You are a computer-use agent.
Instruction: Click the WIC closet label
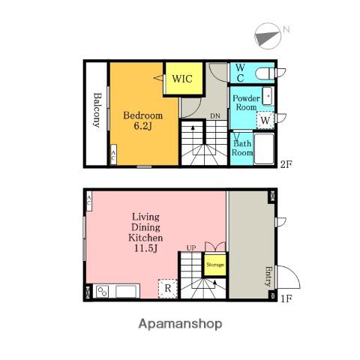(182, 79)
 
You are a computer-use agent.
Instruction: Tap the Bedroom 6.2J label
(143, 121)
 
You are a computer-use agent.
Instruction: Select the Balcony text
(97, 110)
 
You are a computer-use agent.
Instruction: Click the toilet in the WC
(265, 73)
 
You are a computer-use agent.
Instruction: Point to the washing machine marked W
(265, 120)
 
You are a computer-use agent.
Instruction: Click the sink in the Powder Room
(268, 96)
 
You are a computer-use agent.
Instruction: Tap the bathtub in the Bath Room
(264, 149)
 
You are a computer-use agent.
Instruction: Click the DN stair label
(215, 116)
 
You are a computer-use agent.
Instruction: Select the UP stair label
(191, 248)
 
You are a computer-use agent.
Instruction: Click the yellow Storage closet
(215, 265)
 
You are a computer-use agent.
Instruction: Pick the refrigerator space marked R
(168, 289)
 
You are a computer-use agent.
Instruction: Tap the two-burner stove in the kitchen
(103, 292)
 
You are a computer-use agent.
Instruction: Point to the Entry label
(268, 276)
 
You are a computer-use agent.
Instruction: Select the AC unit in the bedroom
(113, 154)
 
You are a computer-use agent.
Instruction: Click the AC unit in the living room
(89, 201)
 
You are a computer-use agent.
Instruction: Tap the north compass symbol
(268, 36)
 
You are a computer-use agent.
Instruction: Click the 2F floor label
(286, 164)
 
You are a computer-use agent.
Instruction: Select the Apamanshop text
(180, 324)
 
